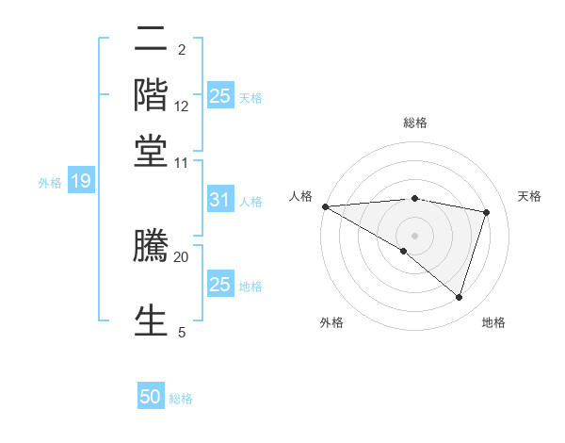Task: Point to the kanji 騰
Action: pos(152,244)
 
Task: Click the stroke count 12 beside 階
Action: pos(182,107)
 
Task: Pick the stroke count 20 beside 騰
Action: pos(182,255)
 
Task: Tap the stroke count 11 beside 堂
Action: pos(182,162)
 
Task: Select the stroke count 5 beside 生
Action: pos(182,332)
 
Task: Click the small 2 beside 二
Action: pos(182,49)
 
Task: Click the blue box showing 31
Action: pos(219,200)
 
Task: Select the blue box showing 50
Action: pos(151,397)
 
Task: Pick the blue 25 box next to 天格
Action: pos(219,95)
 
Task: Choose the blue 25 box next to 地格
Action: pos(219,284)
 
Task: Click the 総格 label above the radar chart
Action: pos(414,123)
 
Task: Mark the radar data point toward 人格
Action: pos(325,205)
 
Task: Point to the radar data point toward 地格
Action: pos(459,297)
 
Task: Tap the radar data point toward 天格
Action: pos(487,212)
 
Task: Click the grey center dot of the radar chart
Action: pos(414,235)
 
